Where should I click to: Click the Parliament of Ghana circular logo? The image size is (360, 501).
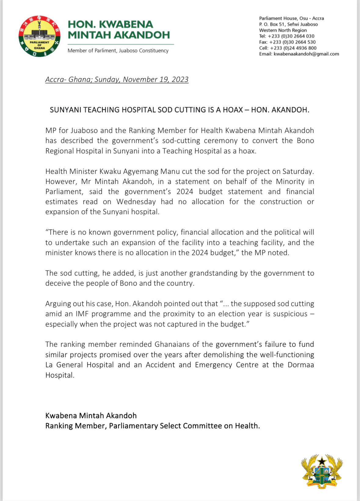coord(39,36)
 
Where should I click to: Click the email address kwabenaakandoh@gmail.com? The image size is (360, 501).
coord(306,54)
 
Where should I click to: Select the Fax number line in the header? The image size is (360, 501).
coord(287,42)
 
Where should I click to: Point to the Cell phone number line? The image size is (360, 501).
coord(288,48)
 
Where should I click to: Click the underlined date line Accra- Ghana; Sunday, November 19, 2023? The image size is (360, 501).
coord(117,79)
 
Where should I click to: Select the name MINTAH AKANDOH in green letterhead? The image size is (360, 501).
coord(119,35)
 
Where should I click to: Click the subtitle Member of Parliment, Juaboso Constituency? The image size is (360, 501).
coord(118,50)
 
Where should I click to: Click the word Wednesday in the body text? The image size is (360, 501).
coord(136,202)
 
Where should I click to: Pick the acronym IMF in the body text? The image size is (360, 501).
coord(82,314)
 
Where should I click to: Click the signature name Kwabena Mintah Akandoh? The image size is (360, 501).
coord(91,415)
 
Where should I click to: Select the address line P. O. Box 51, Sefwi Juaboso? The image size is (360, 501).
coord(288,24)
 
